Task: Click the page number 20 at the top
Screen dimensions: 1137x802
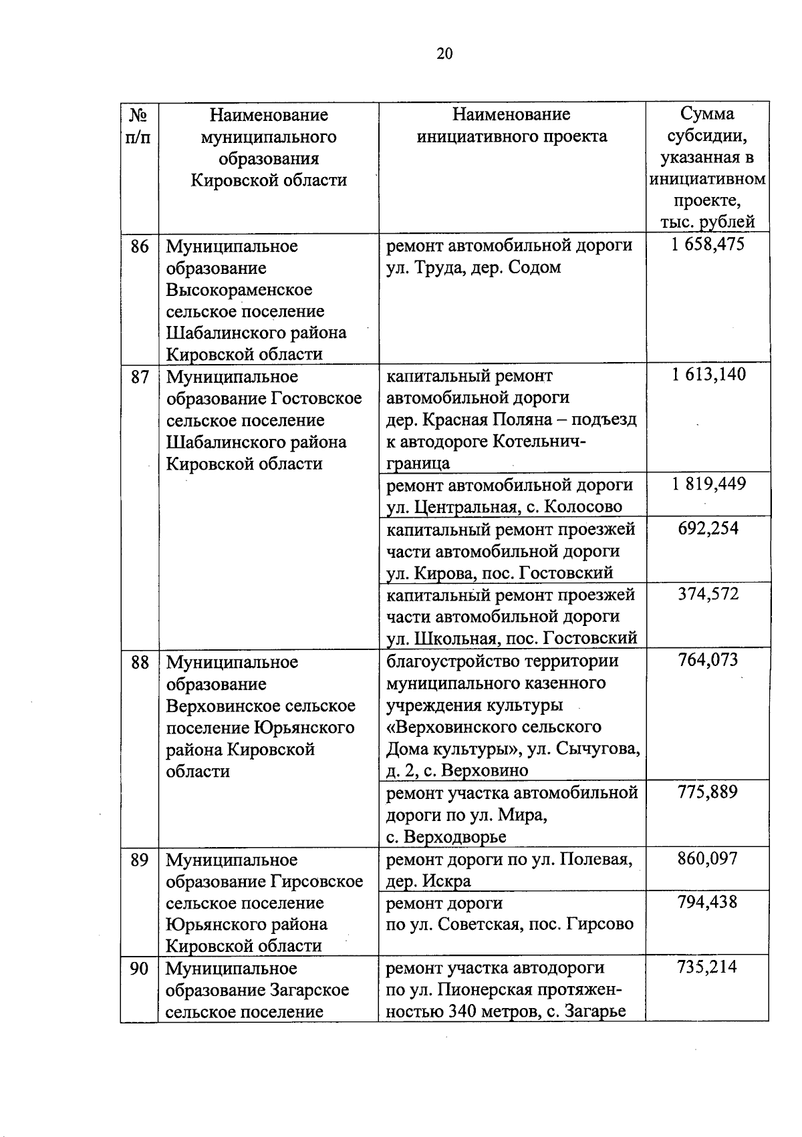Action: (x=444, y=54)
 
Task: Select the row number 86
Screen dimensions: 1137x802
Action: (x=139, y=247)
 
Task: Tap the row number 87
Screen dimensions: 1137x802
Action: (x=139, y=377)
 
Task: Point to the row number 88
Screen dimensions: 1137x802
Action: (x=139, y=663)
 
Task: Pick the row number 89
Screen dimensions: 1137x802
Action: (x=139, y=860)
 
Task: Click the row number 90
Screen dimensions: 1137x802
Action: (x=139, y=968)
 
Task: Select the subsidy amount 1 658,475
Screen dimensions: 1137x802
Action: (x=708, y=245)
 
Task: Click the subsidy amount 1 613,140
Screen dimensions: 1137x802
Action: (x=708, y=375)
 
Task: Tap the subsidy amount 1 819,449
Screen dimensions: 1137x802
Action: (x=708, y=484)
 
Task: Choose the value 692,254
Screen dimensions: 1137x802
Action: (x=708, y=528)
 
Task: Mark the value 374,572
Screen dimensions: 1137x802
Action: (x=708, y=594)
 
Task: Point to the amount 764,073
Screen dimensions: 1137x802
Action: (x=708, y=661)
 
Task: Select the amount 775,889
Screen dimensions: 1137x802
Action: (x=708, y=792)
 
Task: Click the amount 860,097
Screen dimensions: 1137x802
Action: (x=708, y=858)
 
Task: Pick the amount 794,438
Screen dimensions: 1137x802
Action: (x=708, y=902)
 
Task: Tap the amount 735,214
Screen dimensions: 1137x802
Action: (x=708, y=967)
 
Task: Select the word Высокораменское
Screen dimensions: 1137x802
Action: (x=239, y=290)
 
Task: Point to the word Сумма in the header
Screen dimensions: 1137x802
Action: (x=707, y=114)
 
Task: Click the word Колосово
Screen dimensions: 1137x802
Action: (x=583, y=507)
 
